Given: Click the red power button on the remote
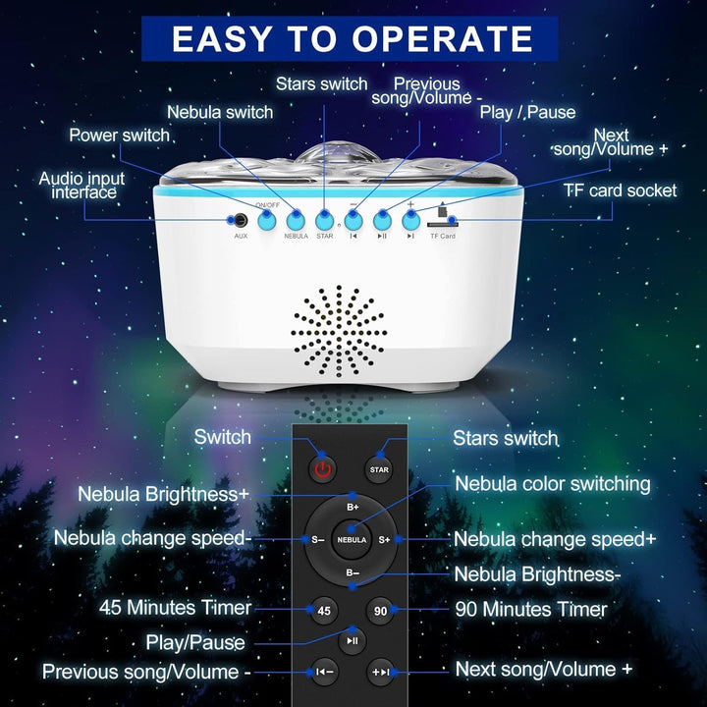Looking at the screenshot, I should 322,469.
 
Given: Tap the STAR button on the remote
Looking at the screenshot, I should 379,469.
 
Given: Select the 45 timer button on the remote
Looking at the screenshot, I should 323,611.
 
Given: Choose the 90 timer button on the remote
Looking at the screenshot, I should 380,611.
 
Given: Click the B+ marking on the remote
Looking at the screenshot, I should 352,508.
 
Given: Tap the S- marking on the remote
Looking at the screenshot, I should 317,539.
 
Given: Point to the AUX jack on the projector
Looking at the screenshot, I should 237,222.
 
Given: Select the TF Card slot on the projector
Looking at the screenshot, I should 442,224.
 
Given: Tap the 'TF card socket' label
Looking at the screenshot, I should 620,190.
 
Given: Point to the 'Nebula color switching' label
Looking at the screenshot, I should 552,484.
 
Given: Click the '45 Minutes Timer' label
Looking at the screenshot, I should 175,607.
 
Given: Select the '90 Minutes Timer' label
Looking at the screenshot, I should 531,610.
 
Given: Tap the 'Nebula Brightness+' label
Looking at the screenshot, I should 164,495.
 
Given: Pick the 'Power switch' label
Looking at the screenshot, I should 119,135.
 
